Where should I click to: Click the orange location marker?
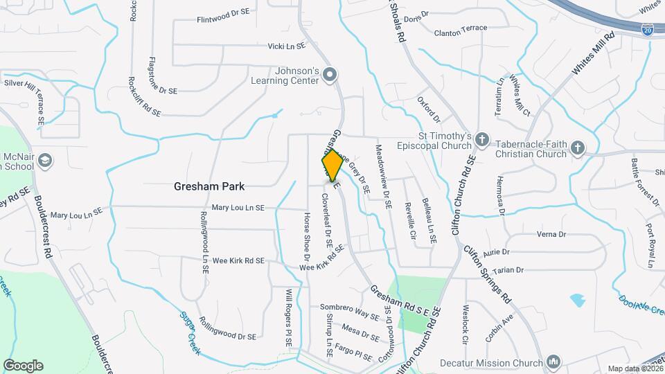click(332, 165)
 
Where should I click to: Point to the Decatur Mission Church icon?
click(553, 362)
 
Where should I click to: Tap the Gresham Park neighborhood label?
click(210, 186)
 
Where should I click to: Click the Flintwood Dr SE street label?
click(223, 20)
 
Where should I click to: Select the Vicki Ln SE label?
click(286, 46)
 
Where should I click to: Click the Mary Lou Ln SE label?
click(238, 207)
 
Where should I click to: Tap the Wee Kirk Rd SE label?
click(238, 261)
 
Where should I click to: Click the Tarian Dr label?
click(509, 269)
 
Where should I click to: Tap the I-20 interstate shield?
click(647, 30)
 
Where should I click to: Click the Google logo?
click(23, 366)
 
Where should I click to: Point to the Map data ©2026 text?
click(633, 368)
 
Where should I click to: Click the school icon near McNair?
click(46, 161)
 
